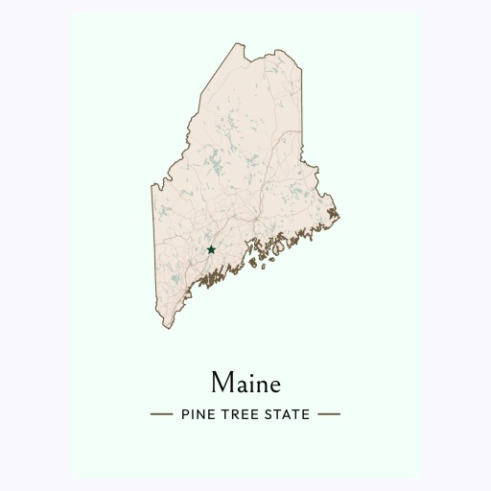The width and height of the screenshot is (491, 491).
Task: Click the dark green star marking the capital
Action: click(211, 249)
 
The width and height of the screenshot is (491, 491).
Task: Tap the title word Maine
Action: click(245, 384)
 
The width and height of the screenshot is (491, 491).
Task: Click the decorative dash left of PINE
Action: click(161, 414)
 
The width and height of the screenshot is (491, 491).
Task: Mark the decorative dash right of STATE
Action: click(329, 414)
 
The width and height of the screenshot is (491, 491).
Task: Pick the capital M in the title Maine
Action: click(222, 384)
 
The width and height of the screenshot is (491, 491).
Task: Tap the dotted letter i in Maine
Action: click(252, 384)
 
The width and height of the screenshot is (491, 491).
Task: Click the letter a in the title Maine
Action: click(241, 386)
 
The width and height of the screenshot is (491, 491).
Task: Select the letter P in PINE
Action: click(183, 414)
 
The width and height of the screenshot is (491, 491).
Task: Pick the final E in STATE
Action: click(306, 414)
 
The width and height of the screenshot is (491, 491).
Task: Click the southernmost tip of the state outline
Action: click(166, 327)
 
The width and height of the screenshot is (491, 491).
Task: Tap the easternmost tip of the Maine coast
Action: click(339, 209)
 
